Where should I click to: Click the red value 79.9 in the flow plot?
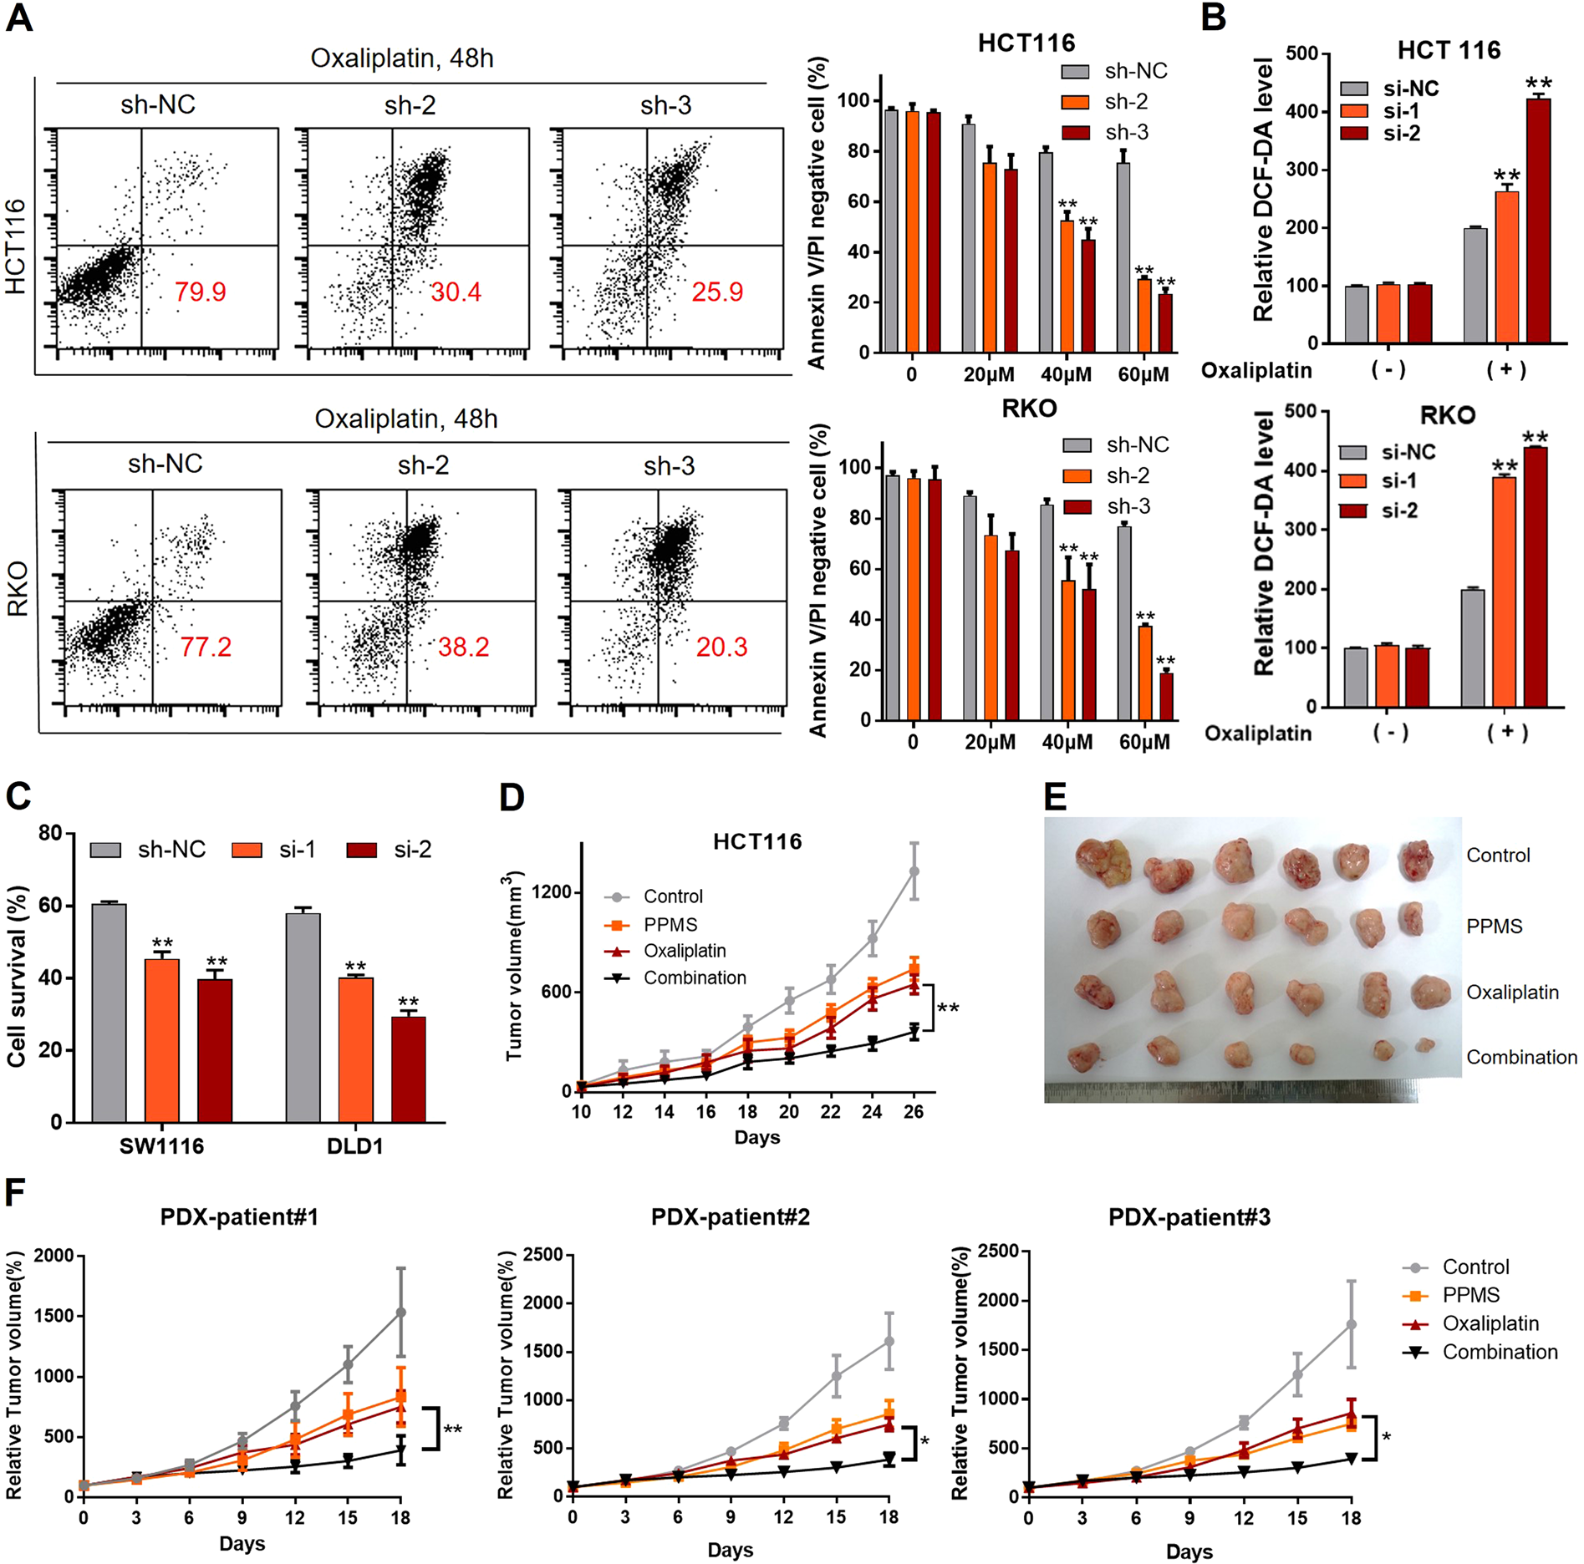click(200, 292)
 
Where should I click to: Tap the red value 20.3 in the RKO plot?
click(721, 647)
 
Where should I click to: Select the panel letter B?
click(1213, 17)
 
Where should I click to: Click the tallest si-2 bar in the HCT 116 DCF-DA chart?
click(1538, 221)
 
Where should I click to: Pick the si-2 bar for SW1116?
click(215, 1050)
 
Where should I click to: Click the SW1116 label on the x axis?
click(161, 1145)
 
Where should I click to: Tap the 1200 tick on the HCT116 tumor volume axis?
click(552, 892)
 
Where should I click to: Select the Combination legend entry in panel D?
click(694, 977)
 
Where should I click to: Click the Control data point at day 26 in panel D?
click(914, 871)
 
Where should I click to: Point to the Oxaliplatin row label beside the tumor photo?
click(1512, 993)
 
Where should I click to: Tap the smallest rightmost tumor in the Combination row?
click(1425, 1044)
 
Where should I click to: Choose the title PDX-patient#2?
click(730, 1216)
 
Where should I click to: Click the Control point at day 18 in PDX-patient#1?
click(401, 1313)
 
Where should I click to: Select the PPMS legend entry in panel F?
click(1470, 1295)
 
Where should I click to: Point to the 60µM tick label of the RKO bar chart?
click(1144, 742)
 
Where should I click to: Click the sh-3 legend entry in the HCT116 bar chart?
click(1126, 132)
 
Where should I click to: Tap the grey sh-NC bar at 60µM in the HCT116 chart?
click(1124, 257)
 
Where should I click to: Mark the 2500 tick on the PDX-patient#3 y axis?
click(1001, 1252)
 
